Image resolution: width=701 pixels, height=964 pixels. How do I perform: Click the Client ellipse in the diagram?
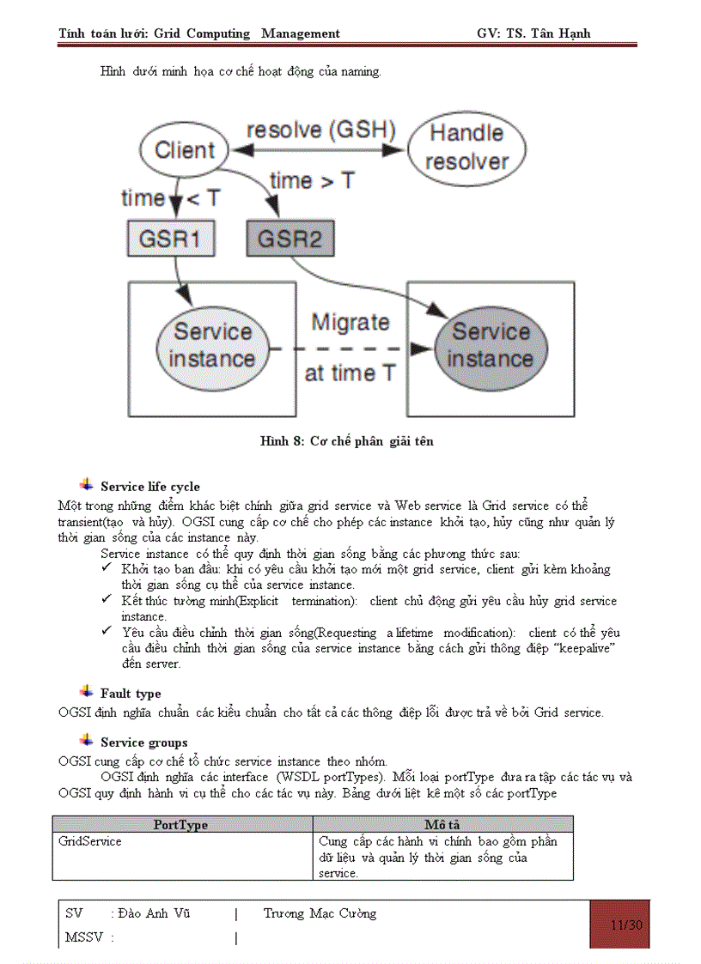[184, 150]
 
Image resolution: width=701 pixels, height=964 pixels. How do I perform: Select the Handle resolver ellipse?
[466, 147]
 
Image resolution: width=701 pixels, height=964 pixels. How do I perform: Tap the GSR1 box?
[170, 238]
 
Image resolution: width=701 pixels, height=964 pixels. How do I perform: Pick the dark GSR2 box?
[290, 238]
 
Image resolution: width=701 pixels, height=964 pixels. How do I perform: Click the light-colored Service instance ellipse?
[212, 345]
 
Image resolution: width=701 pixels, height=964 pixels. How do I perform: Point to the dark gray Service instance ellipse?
[491, 345]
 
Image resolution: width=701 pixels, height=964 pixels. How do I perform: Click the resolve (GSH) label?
[320, 130]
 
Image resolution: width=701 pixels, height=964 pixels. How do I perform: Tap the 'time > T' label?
[312, 181]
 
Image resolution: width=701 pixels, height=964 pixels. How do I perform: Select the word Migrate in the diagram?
[350, 323]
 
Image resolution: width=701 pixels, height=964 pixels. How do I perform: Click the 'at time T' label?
[350, 373]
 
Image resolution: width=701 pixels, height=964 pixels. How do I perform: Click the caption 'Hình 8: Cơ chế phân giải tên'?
[347, 441]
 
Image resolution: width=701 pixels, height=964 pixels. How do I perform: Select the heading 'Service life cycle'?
[149, 487]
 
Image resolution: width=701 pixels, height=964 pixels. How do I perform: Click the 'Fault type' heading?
[131, 694]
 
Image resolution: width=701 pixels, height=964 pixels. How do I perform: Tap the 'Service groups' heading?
[143, 743]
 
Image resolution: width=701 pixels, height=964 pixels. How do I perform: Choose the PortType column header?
[180, 825]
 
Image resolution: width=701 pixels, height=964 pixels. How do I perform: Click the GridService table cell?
[90, 841]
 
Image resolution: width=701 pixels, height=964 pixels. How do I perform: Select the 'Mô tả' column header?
[442, 825]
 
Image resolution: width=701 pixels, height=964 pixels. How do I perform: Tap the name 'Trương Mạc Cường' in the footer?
[320, 913]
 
